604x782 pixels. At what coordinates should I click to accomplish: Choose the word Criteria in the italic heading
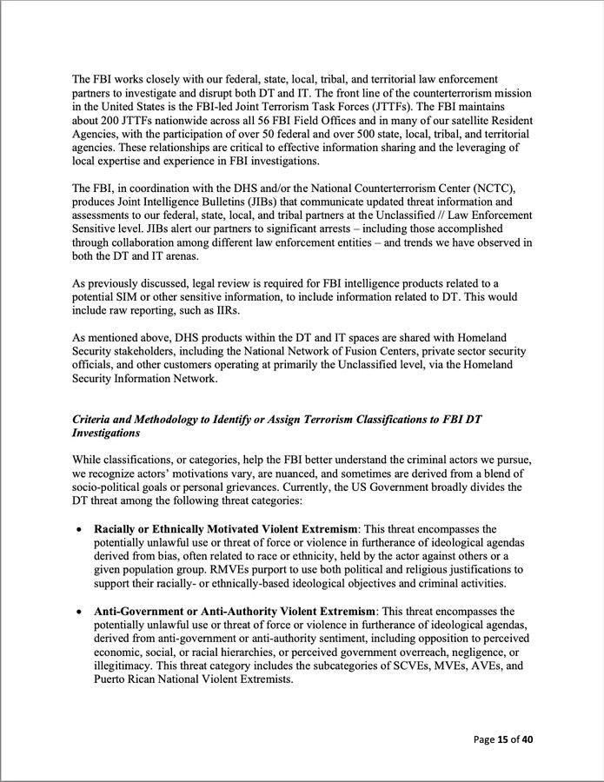94,419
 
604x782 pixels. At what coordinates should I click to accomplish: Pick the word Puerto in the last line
113,679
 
